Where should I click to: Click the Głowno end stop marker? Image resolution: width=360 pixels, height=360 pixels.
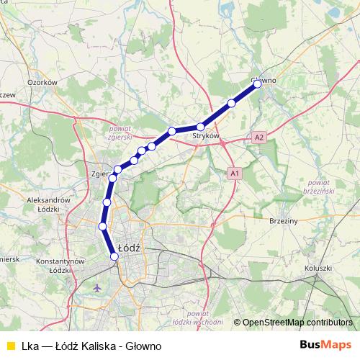(x=257, y=84)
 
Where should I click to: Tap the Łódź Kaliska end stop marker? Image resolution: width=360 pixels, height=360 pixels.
(x=114, y=256)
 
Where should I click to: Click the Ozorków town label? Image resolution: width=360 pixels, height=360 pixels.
(x=42, y=83)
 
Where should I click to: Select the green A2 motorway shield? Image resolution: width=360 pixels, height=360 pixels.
(x=259, y=136)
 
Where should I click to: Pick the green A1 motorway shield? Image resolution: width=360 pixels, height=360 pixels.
(x=234, y=174)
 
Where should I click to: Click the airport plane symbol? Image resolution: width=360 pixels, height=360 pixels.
(x=99, y=288)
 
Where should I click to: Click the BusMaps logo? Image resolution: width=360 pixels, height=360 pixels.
(x=327, y=346)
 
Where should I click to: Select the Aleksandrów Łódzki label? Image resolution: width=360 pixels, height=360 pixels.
(x=45, y=203)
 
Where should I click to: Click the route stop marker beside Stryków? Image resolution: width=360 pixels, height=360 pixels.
(x=201, y=127)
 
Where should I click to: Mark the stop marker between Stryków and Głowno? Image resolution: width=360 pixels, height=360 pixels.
(x=231, y=103)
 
